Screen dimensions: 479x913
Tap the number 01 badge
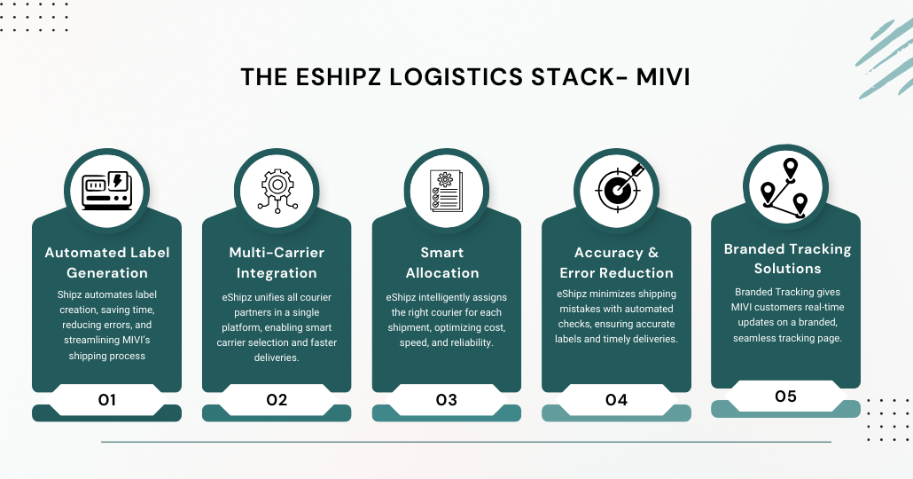coord(106,400)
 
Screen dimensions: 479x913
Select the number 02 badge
coord(277,400)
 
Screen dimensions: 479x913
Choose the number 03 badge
coord(446,400)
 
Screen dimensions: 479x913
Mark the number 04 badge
coord(616,400)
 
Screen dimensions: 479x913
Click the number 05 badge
coord(785,396)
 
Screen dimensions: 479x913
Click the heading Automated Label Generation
coord(106,263)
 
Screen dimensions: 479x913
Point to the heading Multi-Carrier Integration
coord(277,263)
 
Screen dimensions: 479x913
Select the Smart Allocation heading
coord(446,263)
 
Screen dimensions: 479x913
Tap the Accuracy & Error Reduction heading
coord(616,263)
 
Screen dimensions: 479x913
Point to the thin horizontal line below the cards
coord(465,442)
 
